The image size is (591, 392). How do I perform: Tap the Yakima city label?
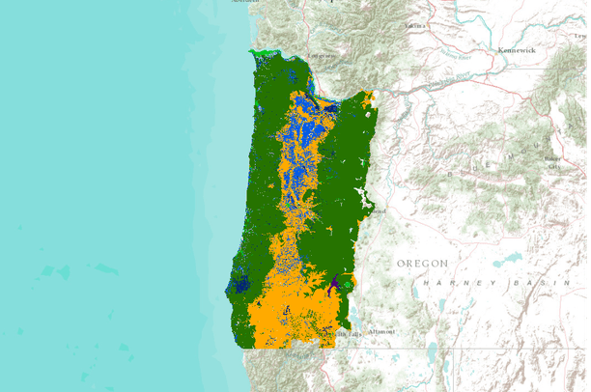click(x=417, y=25)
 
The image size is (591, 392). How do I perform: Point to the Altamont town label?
click(x=380, y=331)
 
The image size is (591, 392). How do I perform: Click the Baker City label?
click(x=553, y=161)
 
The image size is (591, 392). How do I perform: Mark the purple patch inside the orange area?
click(x=334, y=284)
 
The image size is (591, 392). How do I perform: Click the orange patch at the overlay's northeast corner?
click(x=368, y=98)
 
